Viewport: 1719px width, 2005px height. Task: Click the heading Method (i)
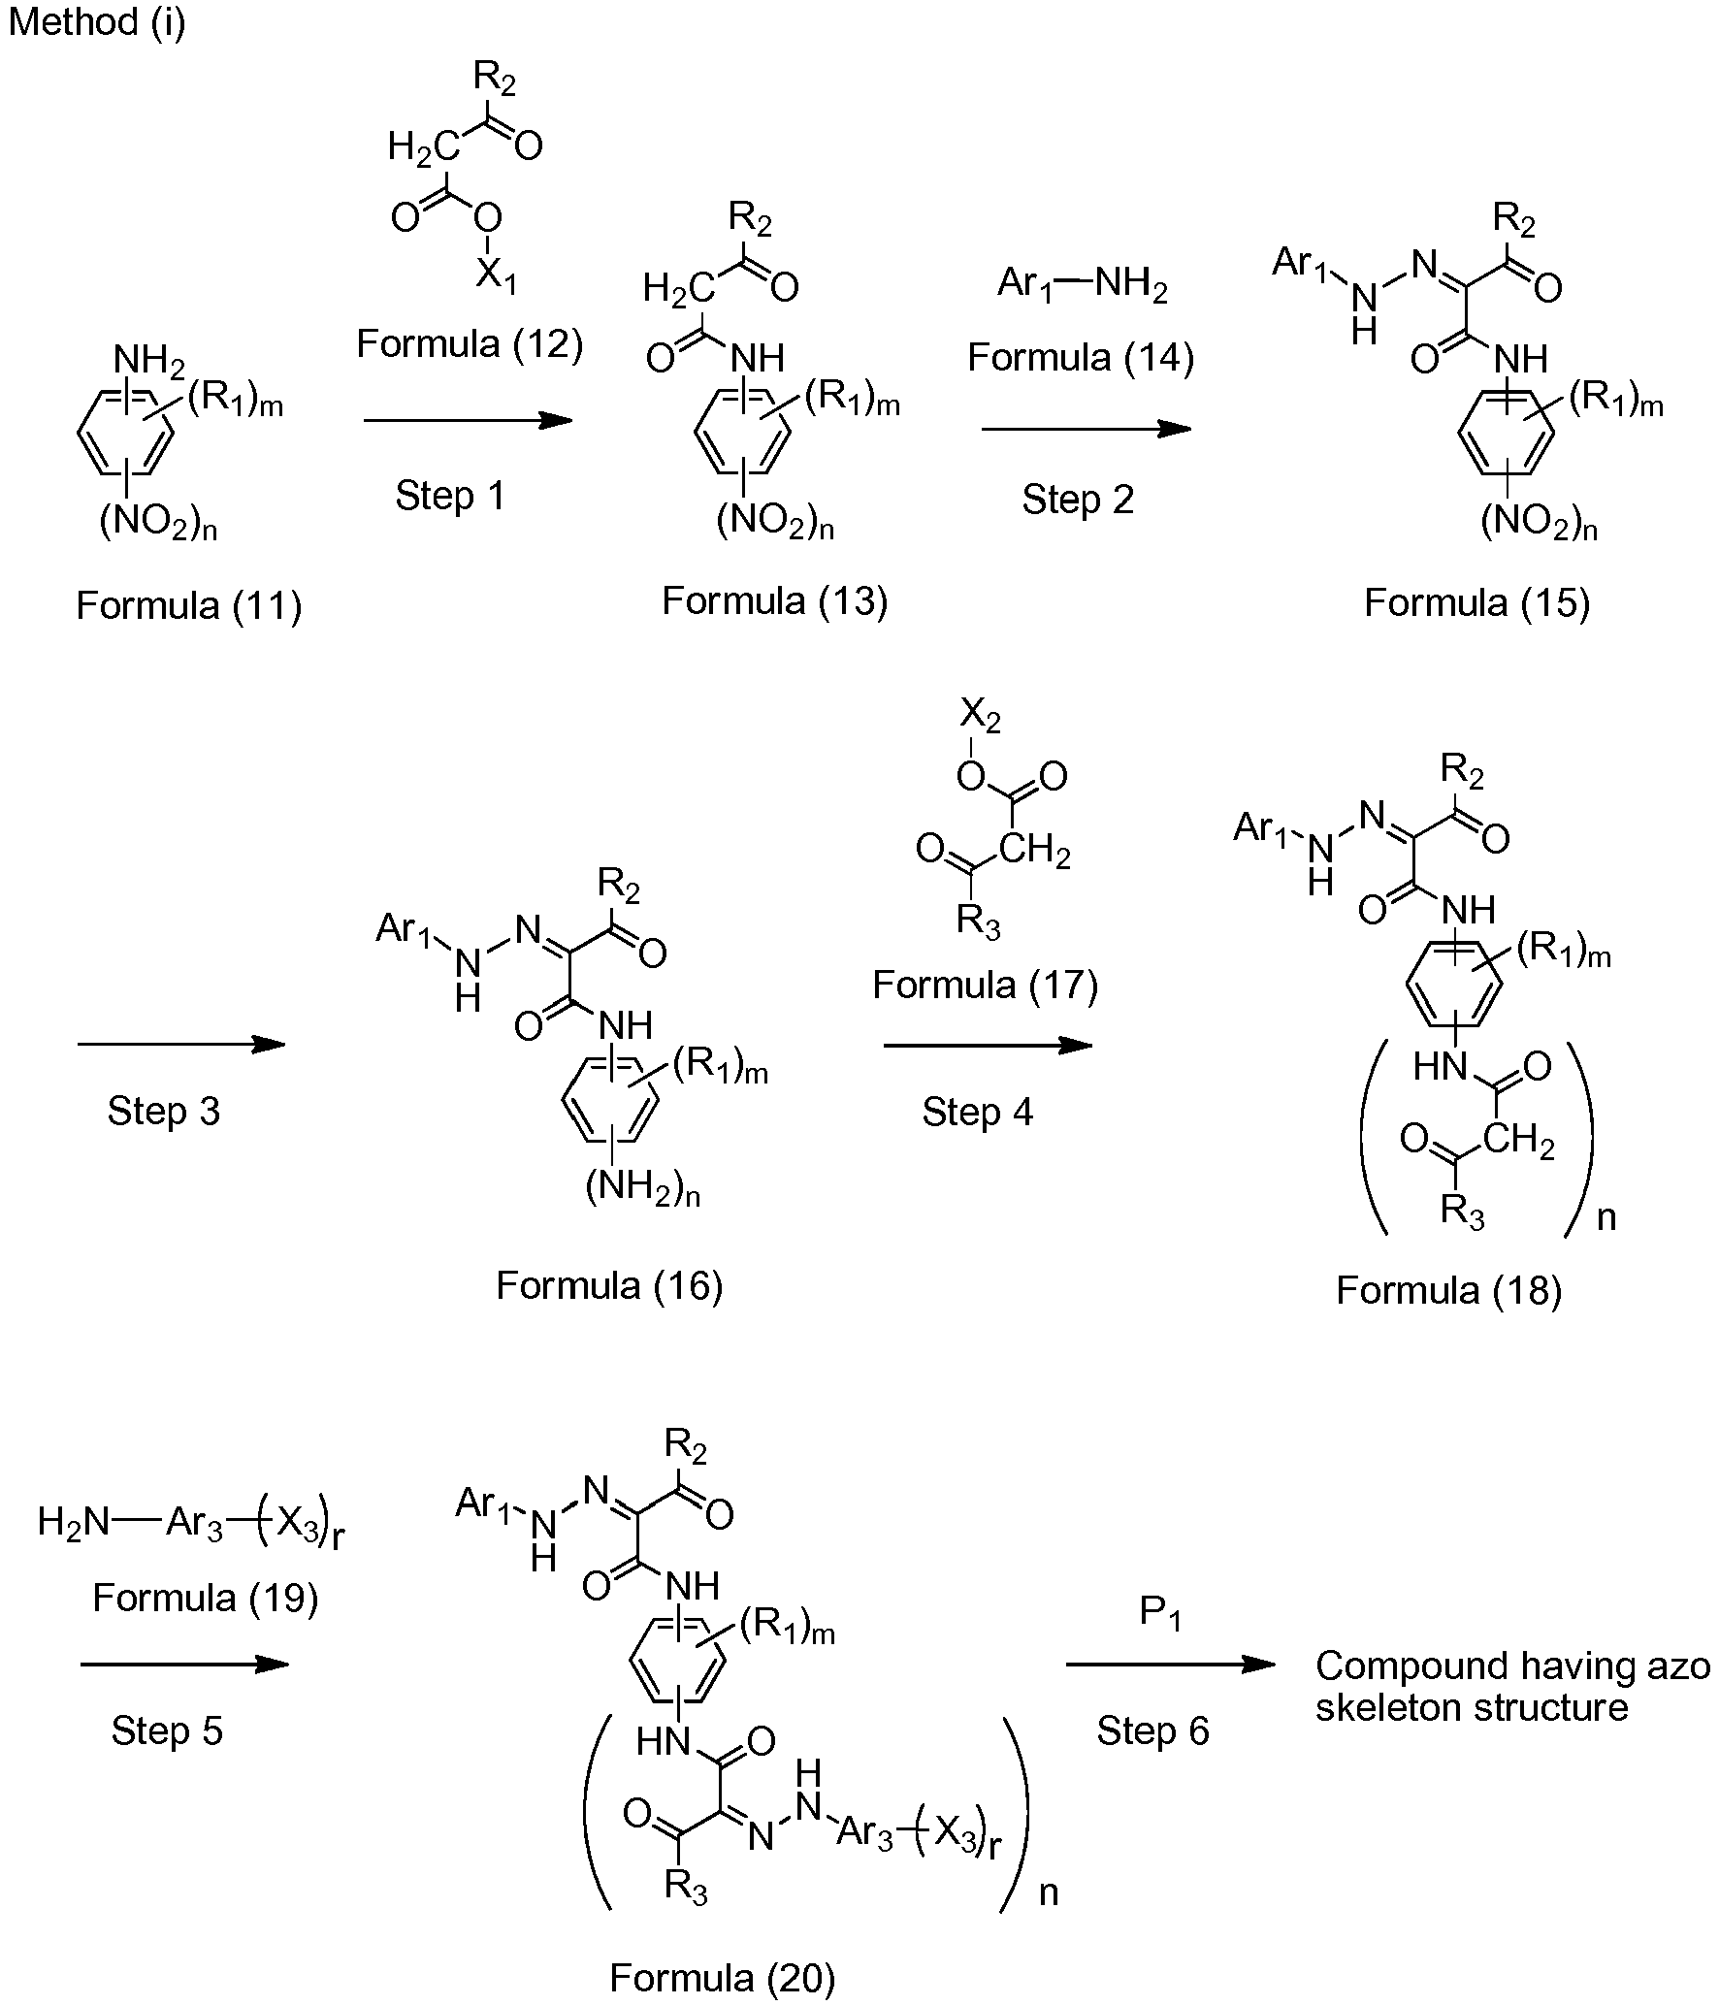[x=97, y=22]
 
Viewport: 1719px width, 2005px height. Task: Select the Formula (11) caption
[x=189, y=606]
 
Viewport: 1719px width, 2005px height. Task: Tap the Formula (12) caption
[x=470, y=343]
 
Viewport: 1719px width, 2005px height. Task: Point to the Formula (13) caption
[x=775, y=601]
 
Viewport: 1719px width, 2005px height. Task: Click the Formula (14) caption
[x=1081, y=358]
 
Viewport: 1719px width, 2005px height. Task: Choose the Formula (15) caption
[x=1477, y=603]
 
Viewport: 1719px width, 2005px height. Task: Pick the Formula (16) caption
[x=609, y=1286]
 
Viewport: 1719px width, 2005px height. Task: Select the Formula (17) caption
[x=986, y=986]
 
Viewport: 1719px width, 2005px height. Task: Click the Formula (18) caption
[x=1449, y=1291]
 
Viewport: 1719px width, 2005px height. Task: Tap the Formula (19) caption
[x=206, y=1598]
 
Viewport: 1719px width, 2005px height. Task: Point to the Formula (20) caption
[x=723, y=1979]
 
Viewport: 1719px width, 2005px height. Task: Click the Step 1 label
[x=450, y=497]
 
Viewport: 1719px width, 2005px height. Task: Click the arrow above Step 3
[x=181, y=1045]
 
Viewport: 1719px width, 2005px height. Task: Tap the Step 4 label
[x=978, y=1113]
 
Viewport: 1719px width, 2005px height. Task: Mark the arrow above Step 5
[x=184, y=1665]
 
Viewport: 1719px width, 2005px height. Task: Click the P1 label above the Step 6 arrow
[x=1160, y=1613]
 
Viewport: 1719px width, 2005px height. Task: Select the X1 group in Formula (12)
[x=496, y=279]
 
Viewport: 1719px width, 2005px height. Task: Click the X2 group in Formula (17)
[x=980, y=718]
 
